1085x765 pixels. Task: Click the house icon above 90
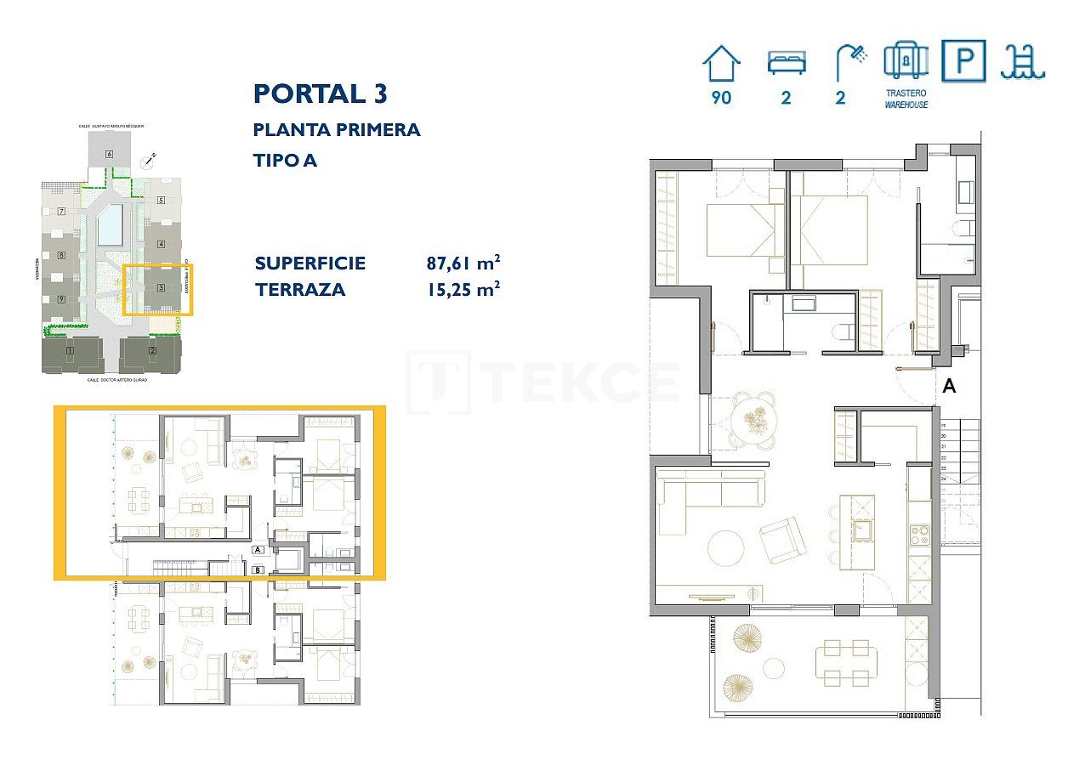tap(721, 64)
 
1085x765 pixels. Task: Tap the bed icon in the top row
tap(786, 64)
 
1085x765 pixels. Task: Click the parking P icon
tap(963, 61)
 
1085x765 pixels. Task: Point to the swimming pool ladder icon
tap(1022, 62)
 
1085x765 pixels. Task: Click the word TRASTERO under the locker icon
tap(906, 93)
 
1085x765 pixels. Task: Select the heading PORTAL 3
tap(320, 93)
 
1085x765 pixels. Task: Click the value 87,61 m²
tap(463, 263)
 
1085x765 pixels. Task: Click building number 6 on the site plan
tap(109, 154)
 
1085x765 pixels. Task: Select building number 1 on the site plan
tap(71, 350)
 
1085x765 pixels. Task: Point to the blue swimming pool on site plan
tap(110, 226)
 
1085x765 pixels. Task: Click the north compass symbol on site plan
tap(151, 159)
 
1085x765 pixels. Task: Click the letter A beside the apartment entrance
tap(950, 386)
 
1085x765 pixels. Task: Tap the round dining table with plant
tap(753, 419)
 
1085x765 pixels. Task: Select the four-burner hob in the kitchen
tap(920, 535)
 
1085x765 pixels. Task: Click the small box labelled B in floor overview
tap(258, 569)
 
